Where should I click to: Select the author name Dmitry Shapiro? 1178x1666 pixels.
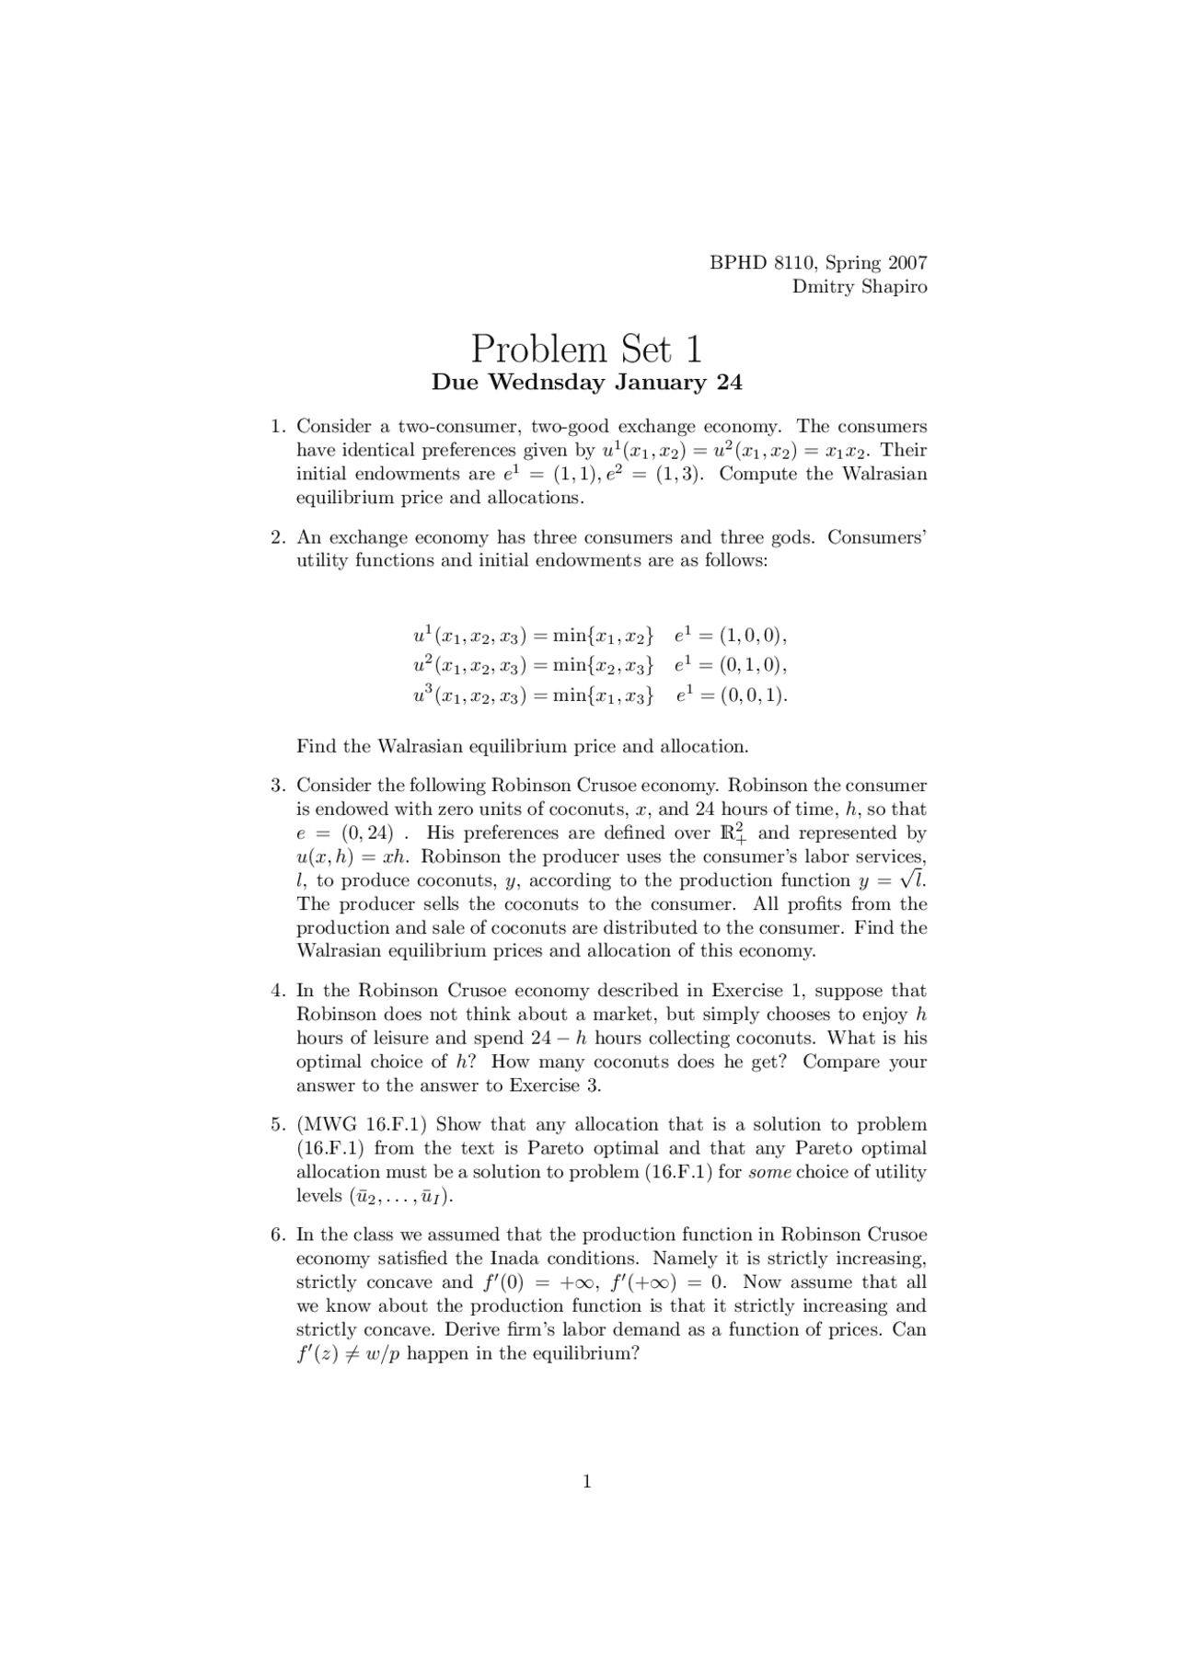point(860,287)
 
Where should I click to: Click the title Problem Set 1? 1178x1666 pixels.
point(587,349)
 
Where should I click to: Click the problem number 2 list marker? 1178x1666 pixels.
point(278,537)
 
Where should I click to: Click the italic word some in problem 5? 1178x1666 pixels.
point(769,1173)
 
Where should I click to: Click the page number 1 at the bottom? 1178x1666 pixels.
point(587,1481)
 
